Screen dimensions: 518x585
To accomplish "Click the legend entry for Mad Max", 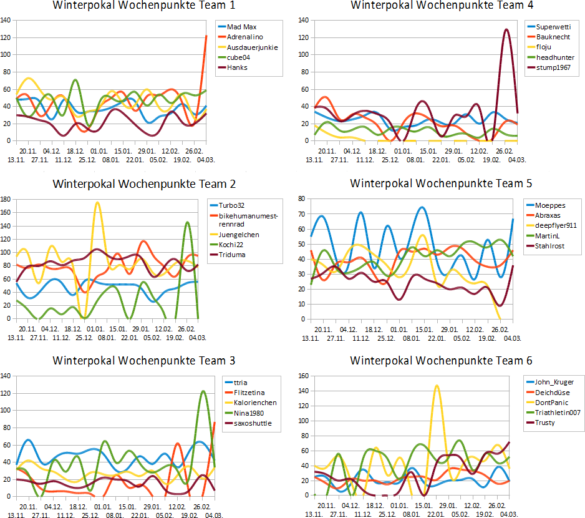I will click(x=241, y=27).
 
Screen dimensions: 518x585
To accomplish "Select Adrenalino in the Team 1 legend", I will click(x=244, y=37).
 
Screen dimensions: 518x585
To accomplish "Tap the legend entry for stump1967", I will click(x=555, y=67).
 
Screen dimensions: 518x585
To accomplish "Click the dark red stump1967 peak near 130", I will click(x=506, y=29).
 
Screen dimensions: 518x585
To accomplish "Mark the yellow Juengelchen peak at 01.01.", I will click(x=97, y=203).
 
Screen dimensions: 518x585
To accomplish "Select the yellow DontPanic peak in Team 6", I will click(x=437, y=386).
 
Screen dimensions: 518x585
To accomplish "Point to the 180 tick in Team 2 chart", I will click(x=7, y=200).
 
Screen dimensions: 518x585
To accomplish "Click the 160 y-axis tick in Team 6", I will click(x=305, y=376).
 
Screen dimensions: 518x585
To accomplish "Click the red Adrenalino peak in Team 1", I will click(x=206, y=36).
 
